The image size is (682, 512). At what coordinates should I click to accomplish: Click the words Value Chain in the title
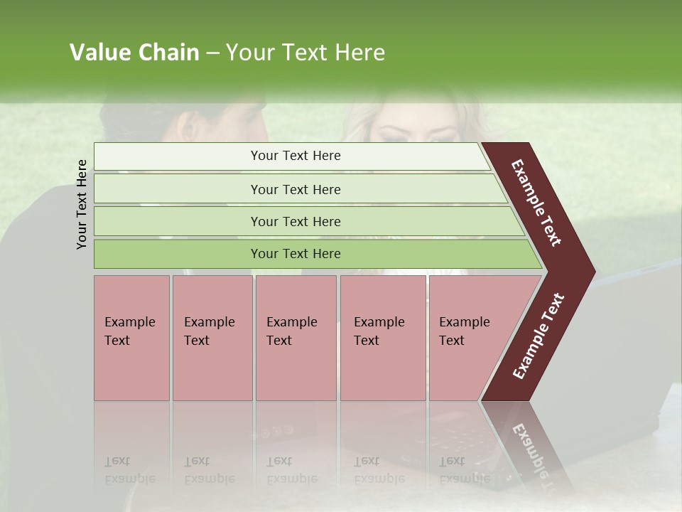[x=134, y=53]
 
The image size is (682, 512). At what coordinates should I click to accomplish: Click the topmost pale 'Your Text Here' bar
[x=295, y=156]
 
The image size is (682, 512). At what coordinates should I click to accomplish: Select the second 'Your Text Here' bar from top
[x=295, y=189]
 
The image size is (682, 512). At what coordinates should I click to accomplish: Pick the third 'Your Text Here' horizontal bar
[x=295, y=221]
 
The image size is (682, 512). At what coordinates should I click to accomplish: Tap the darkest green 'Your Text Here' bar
[x=295, y=254]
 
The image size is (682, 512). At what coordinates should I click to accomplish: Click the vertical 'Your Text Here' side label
[x=82, y=204]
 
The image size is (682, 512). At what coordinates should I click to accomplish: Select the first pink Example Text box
[x=131, y=337]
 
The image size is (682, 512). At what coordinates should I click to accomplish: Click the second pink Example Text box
[x=212, y=337]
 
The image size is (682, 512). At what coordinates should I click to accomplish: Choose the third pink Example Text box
[x=295, y=337]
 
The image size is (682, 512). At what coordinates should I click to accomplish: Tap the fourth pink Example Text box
[x=382, y=337]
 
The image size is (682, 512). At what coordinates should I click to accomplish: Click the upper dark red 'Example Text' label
[x=537, y=203]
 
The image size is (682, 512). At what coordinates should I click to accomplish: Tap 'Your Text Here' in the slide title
[x=305, y=53]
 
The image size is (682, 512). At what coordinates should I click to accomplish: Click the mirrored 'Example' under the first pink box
[x=129, y=479]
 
